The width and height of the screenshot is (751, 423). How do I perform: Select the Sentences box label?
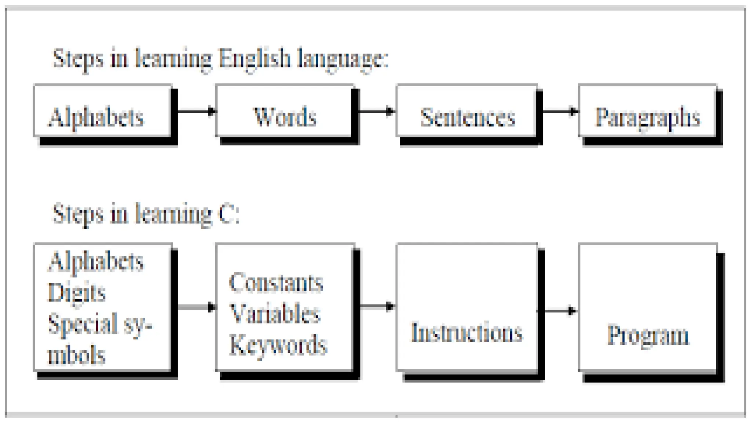coord(468,117)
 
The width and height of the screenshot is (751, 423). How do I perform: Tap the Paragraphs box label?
coord(648,117)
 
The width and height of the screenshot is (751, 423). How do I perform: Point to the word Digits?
coord(77,293)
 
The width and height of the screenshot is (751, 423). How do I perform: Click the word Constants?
coord(276,283)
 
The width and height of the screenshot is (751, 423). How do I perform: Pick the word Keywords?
coord(278,345)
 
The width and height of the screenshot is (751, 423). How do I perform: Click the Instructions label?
coord(466,333)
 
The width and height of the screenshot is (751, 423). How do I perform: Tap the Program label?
coord(648,335)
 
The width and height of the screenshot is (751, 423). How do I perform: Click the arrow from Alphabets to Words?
coord(197,111)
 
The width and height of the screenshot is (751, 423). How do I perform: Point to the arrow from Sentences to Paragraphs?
coord(560,111)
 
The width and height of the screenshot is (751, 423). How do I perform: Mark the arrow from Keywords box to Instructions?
coord(377,306)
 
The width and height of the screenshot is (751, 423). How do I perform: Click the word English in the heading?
coord(254,59)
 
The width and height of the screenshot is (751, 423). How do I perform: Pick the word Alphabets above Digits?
coord(96,261)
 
